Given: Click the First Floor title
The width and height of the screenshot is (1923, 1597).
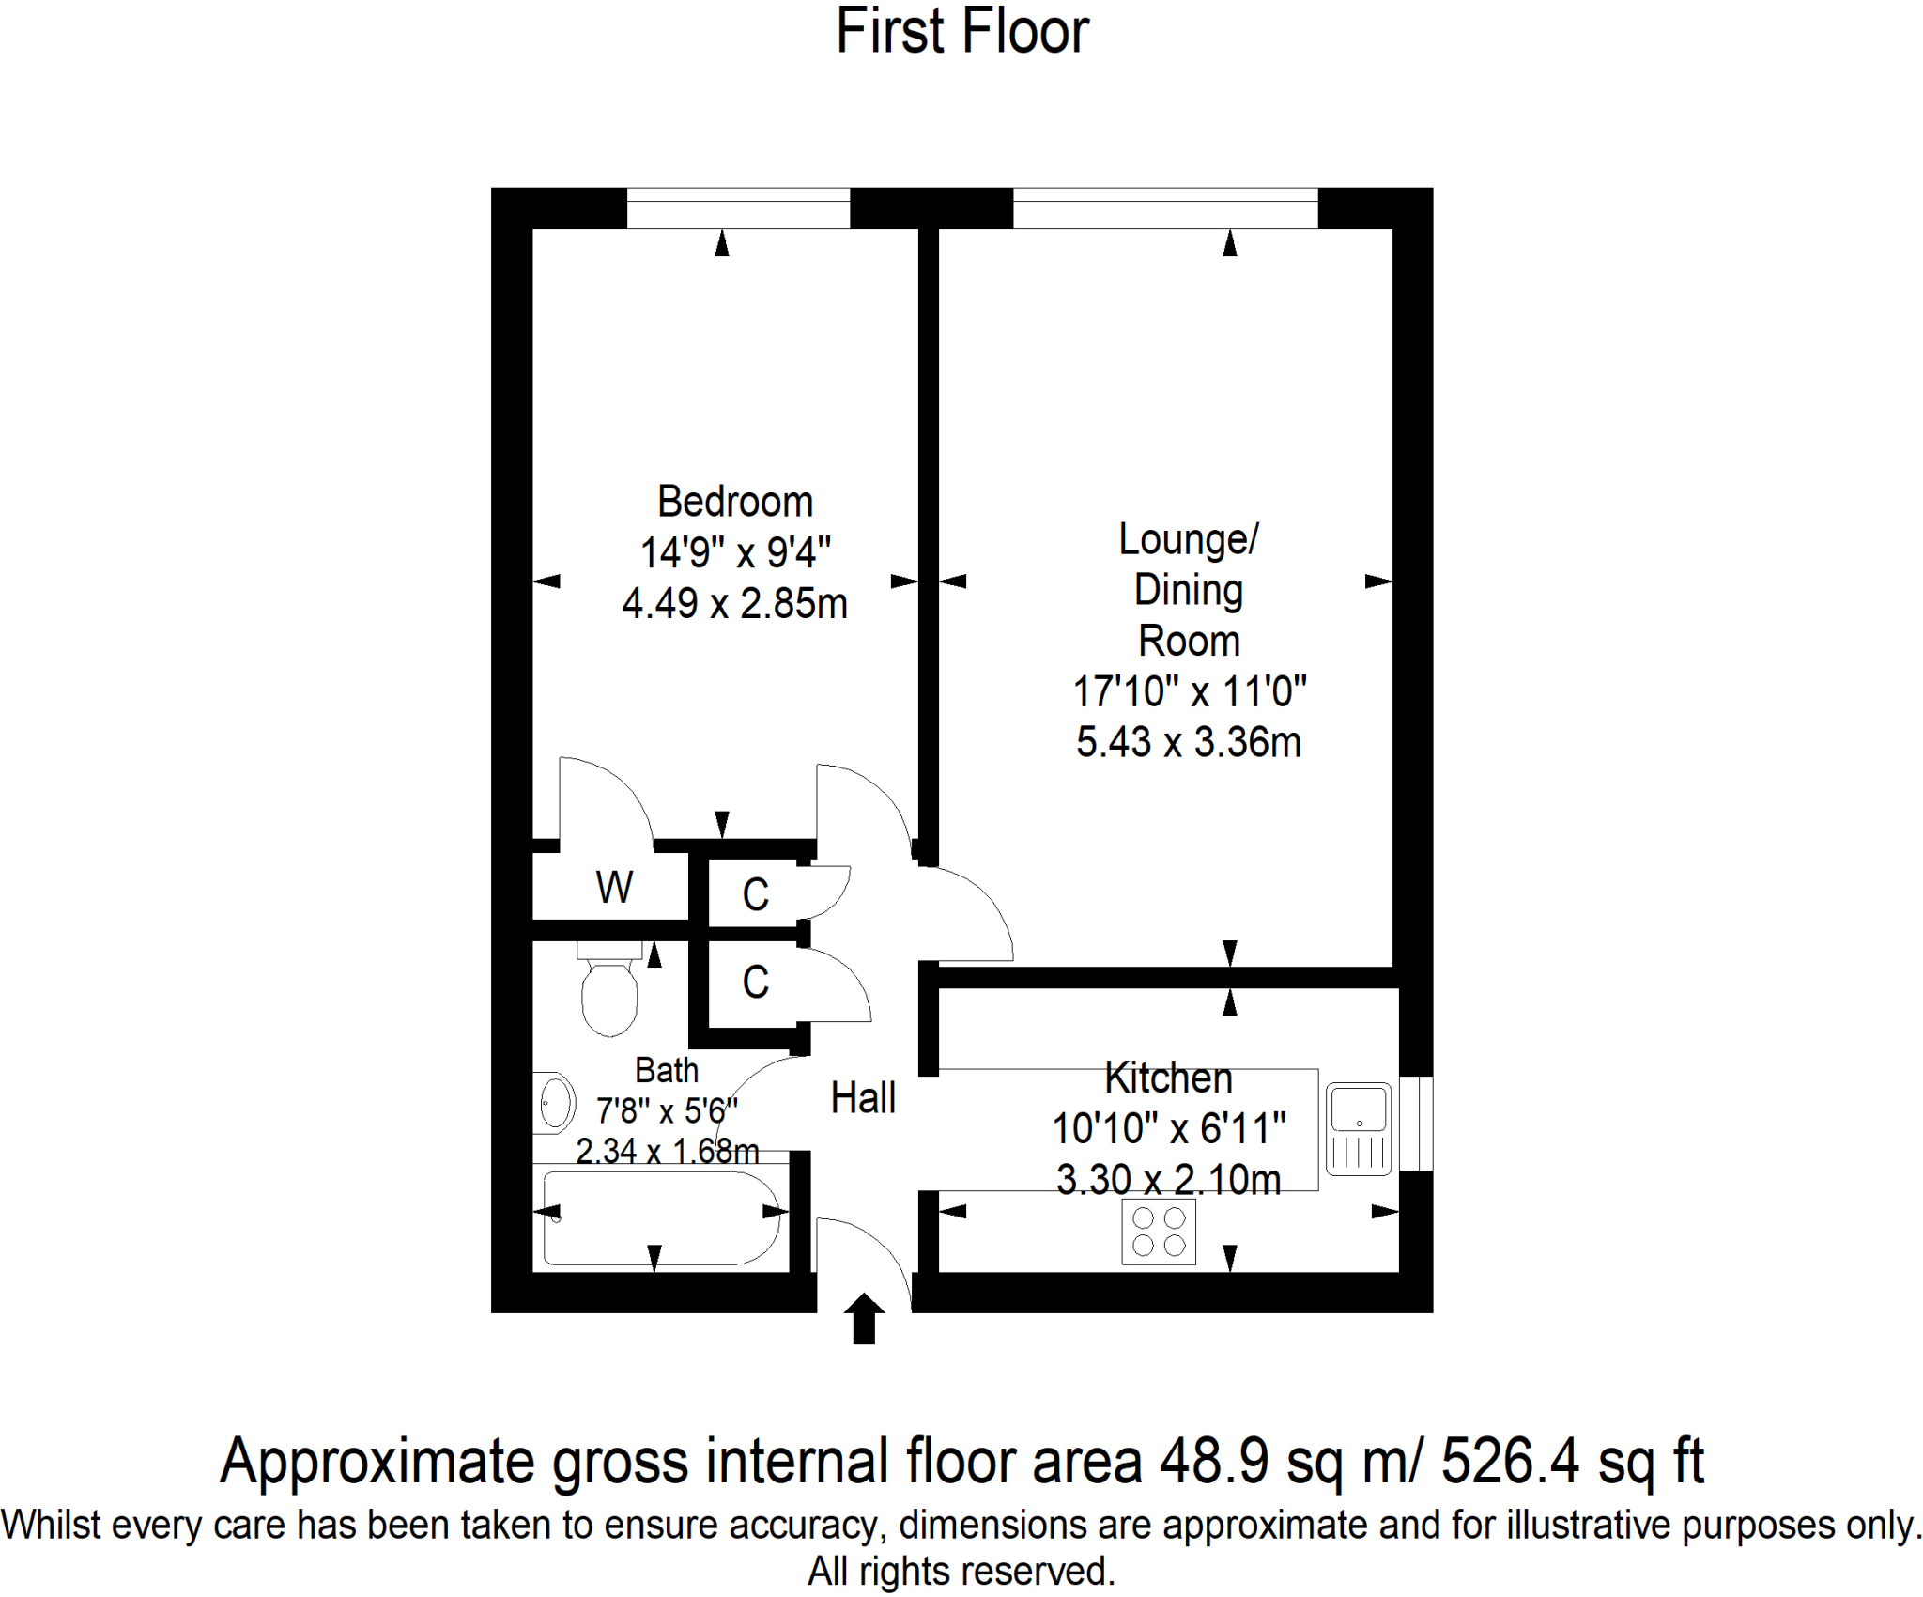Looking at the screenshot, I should click(x=961, y=32).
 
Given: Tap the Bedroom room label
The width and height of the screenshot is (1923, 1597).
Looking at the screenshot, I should click(x=734, y=502).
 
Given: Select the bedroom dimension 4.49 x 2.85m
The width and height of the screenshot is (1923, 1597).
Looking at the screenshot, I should click(x=734, y=603).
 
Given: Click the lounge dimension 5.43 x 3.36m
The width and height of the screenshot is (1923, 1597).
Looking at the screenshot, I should click(x=1188, y=742).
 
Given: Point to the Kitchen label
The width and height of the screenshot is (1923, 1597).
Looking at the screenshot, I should click(x=1168, y=1078).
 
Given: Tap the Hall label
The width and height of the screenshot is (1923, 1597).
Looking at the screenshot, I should click(x=863, y=1097).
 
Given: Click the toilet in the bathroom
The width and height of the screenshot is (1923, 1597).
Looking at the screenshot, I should click(x=609, y=991).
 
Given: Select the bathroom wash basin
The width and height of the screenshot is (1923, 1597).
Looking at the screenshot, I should click(x=555, y=1103).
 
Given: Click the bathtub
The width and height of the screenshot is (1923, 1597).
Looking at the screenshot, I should click(x=661, y=1217).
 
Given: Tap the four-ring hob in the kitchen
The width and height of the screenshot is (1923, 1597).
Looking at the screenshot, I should click(x=1159, y=1232).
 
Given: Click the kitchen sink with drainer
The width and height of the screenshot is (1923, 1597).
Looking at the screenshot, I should click(x=1358, y=1128).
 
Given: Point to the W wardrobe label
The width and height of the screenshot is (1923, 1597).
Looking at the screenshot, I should click(x=614, y=887).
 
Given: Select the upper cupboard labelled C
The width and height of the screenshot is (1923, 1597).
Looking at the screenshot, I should click(x=755, y=894).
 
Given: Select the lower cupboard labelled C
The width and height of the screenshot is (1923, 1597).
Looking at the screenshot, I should click(x=755, y=983).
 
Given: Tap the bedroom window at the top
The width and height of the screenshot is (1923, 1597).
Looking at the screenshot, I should click(x=738, y=208).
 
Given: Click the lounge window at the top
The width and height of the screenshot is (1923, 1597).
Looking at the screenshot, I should click(x=1165, y=208).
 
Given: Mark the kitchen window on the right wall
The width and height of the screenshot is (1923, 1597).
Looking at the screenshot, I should click(x=1416, y=1124).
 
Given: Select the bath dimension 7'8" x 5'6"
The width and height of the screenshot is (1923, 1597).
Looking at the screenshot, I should click(x=667, y=1111).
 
